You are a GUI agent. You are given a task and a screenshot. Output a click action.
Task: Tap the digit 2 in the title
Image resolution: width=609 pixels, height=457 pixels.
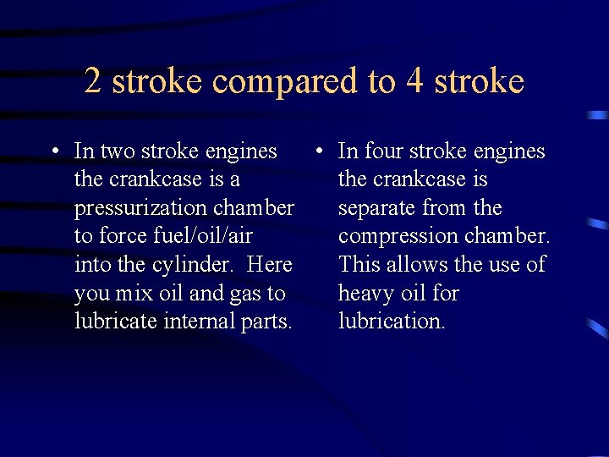[x=93, y=81]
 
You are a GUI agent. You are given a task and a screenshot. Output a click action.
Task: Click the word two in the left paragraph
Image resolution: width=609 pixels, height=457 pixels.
[x=117, y=151]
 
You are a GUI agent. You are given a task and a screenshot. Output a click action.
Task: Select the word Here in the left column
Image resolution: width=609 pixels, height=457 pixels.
[x=270, y=265]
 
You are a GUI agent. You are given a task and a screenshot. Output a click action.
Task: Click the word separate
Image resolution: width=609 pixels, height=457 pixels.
[x=377, y=208]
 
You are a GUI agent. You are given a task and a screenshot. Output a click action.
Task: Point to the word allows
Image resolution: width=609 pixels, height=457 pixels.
[x=416, y=265]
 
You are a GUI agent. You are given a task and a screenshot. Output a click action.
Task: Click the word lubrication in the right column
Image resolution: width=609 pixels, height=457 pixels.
[x=392, y=322]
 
